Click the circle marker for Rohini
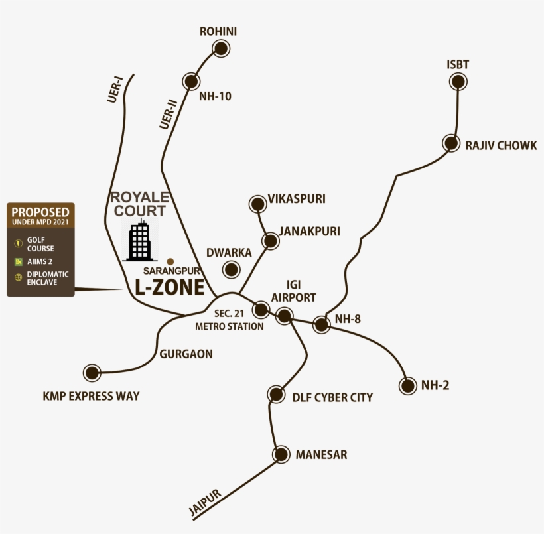[220, 48]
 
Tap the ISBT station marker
[458, 82]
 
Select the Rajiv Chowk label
[501, 145]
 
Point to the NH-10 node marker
[192, 81]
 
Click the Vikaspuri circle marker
[257, 204]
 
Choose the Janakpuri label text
[309, 232]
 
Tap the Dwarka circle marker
[232, 269]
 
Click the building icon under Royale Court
[139, 241]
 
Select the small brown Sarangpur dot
[170, 261]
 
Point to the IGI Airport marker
[285, 316]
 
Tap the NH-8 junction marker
[322, 325]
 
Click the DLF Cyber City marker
[276, 395]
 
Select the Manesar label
[321, 455]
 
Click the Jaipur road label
[204, 502]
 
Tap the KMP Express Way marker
[92, 373]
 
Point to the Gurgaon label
[186, 354]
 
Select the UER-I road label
[115, 90]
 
